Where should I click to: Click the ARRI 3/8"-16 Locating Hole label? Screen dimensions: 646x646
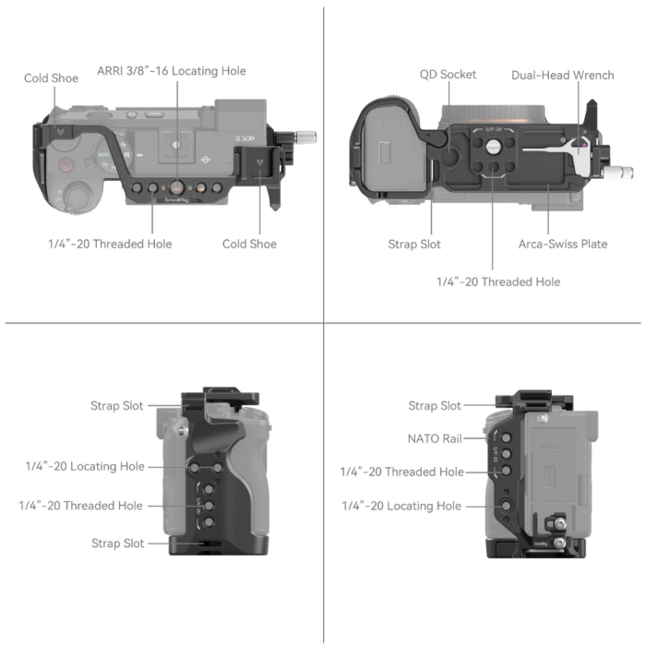point(172,71)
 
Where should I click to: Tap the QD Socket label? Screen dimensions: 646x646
point(448,75)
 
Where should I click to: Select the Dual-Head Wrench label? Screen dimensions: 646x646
point(562,75)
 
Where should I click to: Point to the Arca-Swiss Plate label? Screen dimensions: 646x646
point(562,245)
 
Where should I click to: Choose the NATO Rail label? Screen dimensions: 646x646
point(435,439)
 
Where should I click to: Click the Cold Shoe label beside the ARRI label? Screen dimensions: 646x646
point(51,78)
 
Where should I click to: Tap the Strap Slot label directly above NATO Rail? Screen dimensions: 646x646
point(435,406)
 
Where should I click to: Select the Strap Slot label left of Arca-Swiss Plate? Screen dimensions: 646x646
point(414,245)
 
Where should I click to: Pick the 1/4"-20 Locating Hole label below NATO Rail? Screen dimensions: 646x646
point(401,506)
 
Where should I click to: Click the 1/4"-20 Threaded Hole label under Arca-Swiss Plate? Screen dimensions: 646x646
point(498,281)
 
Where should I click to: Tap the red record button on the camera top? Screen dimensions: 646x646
point(66,167)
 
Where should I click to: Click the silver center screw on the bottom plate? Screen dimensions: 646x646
point(493,146)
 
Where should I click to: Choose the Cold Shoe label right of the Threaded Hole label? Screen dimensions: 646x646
point(249,245)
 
